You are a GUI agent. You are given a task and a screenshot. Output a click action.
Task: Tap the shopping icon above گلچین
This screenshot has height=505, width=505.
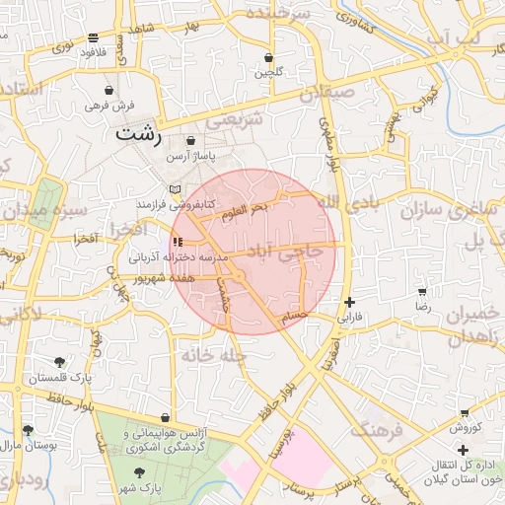pyautogui.click(x=269, y=57)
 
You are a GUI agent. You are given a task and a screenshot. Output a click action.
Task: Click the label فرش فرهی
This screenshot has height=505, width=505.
pyautogui.click(x=109, y=105)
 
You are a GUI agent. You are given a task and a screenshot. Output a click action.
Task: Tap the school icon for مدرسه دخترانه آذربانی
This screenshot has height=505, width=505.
pyautogui.click(x=177, y=242)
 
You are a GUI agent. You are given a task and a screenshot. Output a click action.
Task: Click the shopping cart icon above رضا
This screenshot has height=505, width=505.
pyautogui.click(x=422, y=293)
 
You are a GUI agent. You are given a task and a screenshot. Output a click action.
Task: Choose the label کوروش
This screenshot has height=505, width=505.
pyautogui.click(x=465, y=427)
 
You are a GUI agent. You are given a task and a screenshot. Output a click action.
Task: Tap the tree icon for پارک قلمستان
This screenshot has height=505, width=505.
pyautogui.click(x=61, y=362)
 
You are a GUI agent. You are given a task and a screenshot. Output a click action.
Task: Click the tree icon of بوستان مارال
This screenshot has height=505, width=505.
pyautogui.click(x=27, y=430)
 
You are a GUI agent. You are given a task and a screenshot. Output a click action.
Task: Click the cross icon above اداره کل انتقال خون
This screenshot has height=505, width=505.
pyautogui.click(x=463, y=450)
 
